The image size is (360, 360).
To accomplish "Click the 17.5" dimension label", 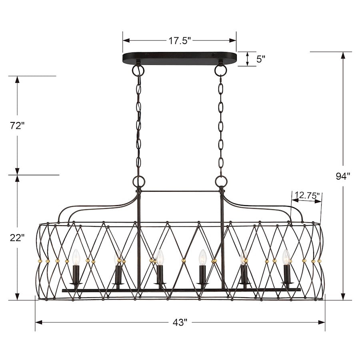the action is point(180,41).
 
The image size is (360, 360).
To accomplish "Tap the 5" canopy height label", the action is point(260,59).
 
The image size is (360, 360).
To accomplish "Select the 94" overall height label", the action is point(343,176).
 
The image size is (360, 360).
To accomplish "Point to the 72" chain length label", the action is point(17,126).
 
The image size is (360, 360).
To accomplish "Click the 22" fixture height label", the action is point(17,238).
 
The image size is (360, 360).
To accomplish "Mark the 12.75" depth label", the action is point(307,196).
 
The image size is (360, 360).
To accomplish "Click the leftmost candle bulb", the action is point(76,257).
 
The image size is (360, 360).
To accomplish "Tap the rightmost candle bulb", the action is point(286,257).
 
